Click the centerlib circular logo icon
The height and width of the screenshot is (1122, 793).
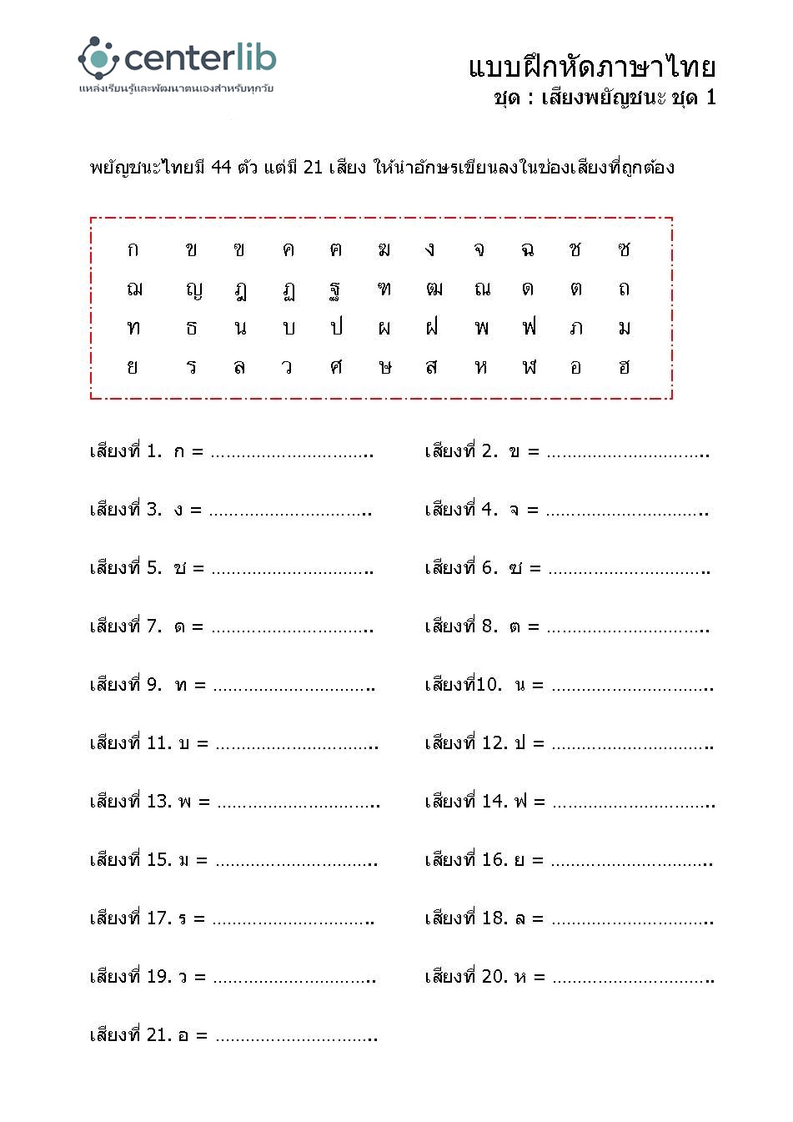[98, 58]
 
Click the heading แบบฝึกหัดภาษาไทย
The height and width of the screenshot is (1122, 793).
[592, 67]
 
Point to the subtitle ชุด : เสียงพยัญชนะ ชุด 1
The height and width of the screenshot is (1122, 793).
[605, 98]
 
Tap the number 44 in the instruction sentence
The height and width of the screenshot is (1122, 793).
[221, 167]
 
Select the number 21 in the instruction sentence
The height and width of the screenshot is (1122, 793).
[313, 167]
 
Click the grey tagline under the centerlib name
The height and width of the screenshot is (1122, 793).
[176, 88]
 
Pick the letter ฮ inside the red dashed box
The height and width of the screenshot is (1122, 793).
[625, 367]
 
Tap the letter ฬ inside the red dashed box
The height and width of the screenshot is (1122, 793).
[529, 367]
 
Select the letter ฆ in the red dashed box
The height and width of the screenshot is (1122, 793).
[384, 249]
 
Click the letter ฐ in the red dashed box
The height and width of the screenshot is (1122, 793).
[335, 290]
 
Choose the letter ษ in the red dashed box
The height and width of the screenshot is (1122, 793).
[384, 367]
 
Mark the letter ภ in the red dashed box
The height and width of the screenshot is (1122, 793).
[576, 328]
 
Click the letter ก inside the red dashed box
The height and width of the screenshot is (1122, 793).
[133, 249]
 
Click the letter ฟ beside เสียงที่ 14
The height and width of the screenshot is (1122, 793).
[520, 802]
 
